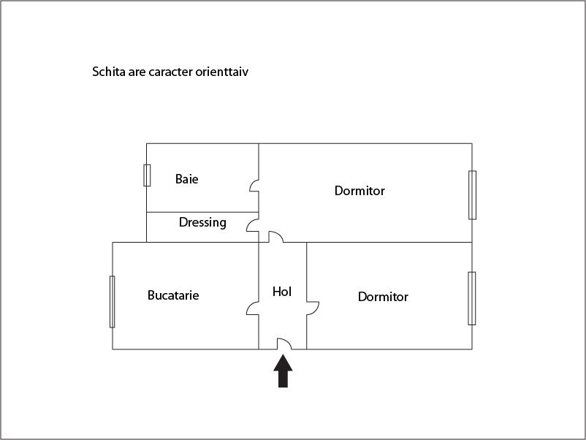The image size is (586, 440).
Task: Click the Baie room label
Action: [x=186, y=179]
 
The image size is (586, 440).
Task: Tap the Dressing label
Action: [x=202, y=223]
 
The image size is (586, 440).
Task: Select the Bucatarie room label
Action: [x=173, y=295]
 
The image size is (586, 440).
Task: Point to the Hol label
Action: [x=282, y=292]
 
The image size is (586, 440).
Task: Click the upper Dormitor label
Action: [x=359, y=191]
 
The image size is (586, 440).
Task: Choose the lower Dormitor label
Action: [x=383, y=297]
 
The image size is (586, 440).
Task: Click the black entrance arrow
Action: [x=283, y=371]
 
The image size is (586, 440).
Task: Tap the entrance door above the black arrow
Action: [x=284, y=344]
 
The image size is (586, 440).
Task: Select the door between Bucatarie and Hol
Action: [x=253, y=308]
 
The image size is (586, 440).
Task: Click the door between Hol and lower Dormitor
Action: [x=313, y=308]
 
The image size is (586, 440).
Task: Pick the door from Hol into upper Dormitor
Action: [x=275, y=237]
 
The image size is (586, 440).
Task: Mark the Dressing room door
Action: [x=253, y=225]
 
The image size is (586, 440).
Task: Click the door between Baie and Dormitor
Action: [x=254, y=186]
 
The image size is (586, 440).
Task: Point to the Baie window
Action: [x=148, y=175]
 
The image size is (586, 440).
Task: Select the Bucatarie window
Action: [x=112, y=302]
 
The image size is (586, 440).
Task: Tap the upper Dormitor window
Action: [x=473, y=195]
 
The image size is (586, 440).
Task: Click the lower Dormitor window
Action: [x=472, y=298]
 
